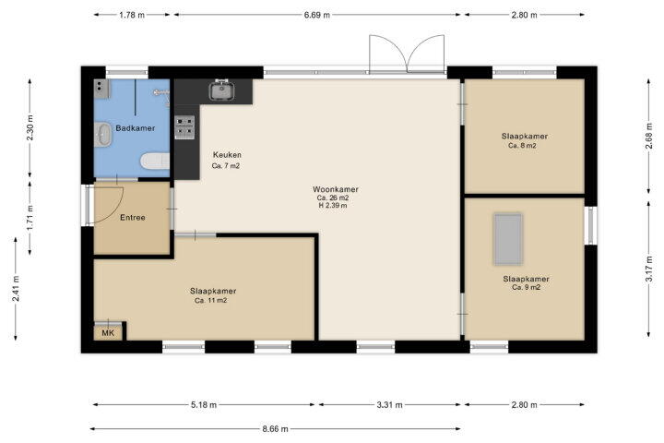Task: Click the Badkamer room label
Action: point(135,128)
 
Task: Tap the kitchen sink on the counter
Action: point(221,90)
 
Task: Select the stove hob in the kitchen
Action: point(184,127)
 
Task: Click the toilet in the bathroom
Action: point(155,162)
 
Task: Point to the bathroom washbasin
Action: point(102,135)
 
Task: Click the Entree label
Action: point(133,218)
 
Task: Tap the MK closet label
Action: point(108,333)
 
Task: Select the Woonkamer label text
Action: point(336,189)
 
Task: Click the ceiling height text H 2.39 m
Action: point(333,205)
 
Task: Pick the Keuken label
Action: point(227,155)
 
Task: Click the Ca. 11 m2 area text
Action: point(211,301)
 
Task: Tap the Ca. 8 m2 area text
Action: point(522,146)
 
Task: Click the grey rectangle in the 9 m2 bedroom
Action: point(508,239)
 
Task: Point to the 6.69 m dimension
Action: point(316,15)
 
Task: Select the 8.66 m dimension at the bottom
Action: point(275,429)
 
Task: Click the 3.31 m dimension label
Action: point(389,405)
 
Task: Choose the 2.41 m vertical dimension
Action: point(16,289)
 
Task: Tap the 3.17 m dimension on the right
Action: point(648,269)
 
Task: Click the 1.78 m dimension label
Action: point(132,15)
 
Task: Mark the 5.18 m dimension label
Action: point(204,405)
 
